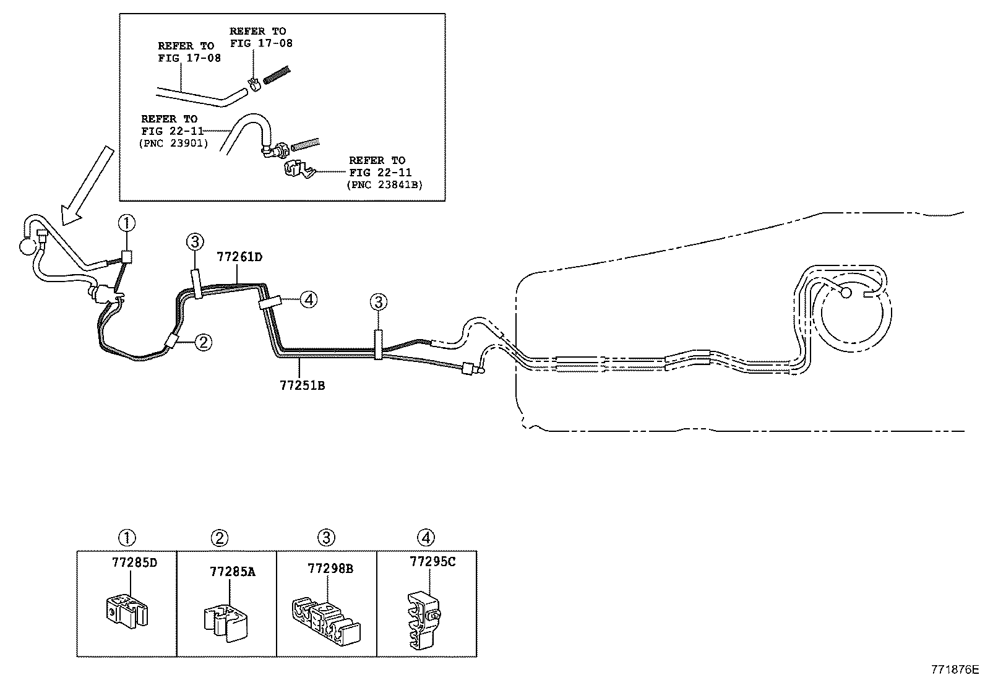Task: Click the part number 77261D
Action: click(239, 257)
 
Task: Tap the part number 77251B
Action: click(302, 385)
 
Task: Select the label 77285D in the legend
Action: click(134, 562)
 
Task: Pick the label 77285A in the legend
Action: click(232, 571)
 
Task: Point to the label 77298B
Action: click(330, 568)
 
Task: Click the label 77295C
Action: click(432, 562)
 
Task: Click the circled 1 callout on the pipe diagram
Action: click(127, 223)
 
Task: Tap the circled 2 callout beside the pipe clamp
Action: click(203, 342)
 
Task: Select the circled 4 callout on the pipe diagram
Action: click(309, 299)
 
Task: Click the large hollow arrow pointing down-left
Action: click(87, 186)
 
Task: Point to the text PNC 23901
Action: click(174, 144)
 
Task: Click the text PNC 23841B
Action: click(384, 185)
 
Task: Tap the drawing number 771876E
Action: click(954, 669)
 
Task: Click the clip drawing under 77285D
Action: click(127, 610)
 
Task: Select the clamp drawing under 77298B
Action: click(326, 621)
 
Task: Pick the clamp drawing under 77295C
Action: click(424, 620)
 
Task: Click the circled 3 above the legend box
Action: click(326, 538)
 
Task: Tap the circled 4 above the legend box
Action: click(426, 537)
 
